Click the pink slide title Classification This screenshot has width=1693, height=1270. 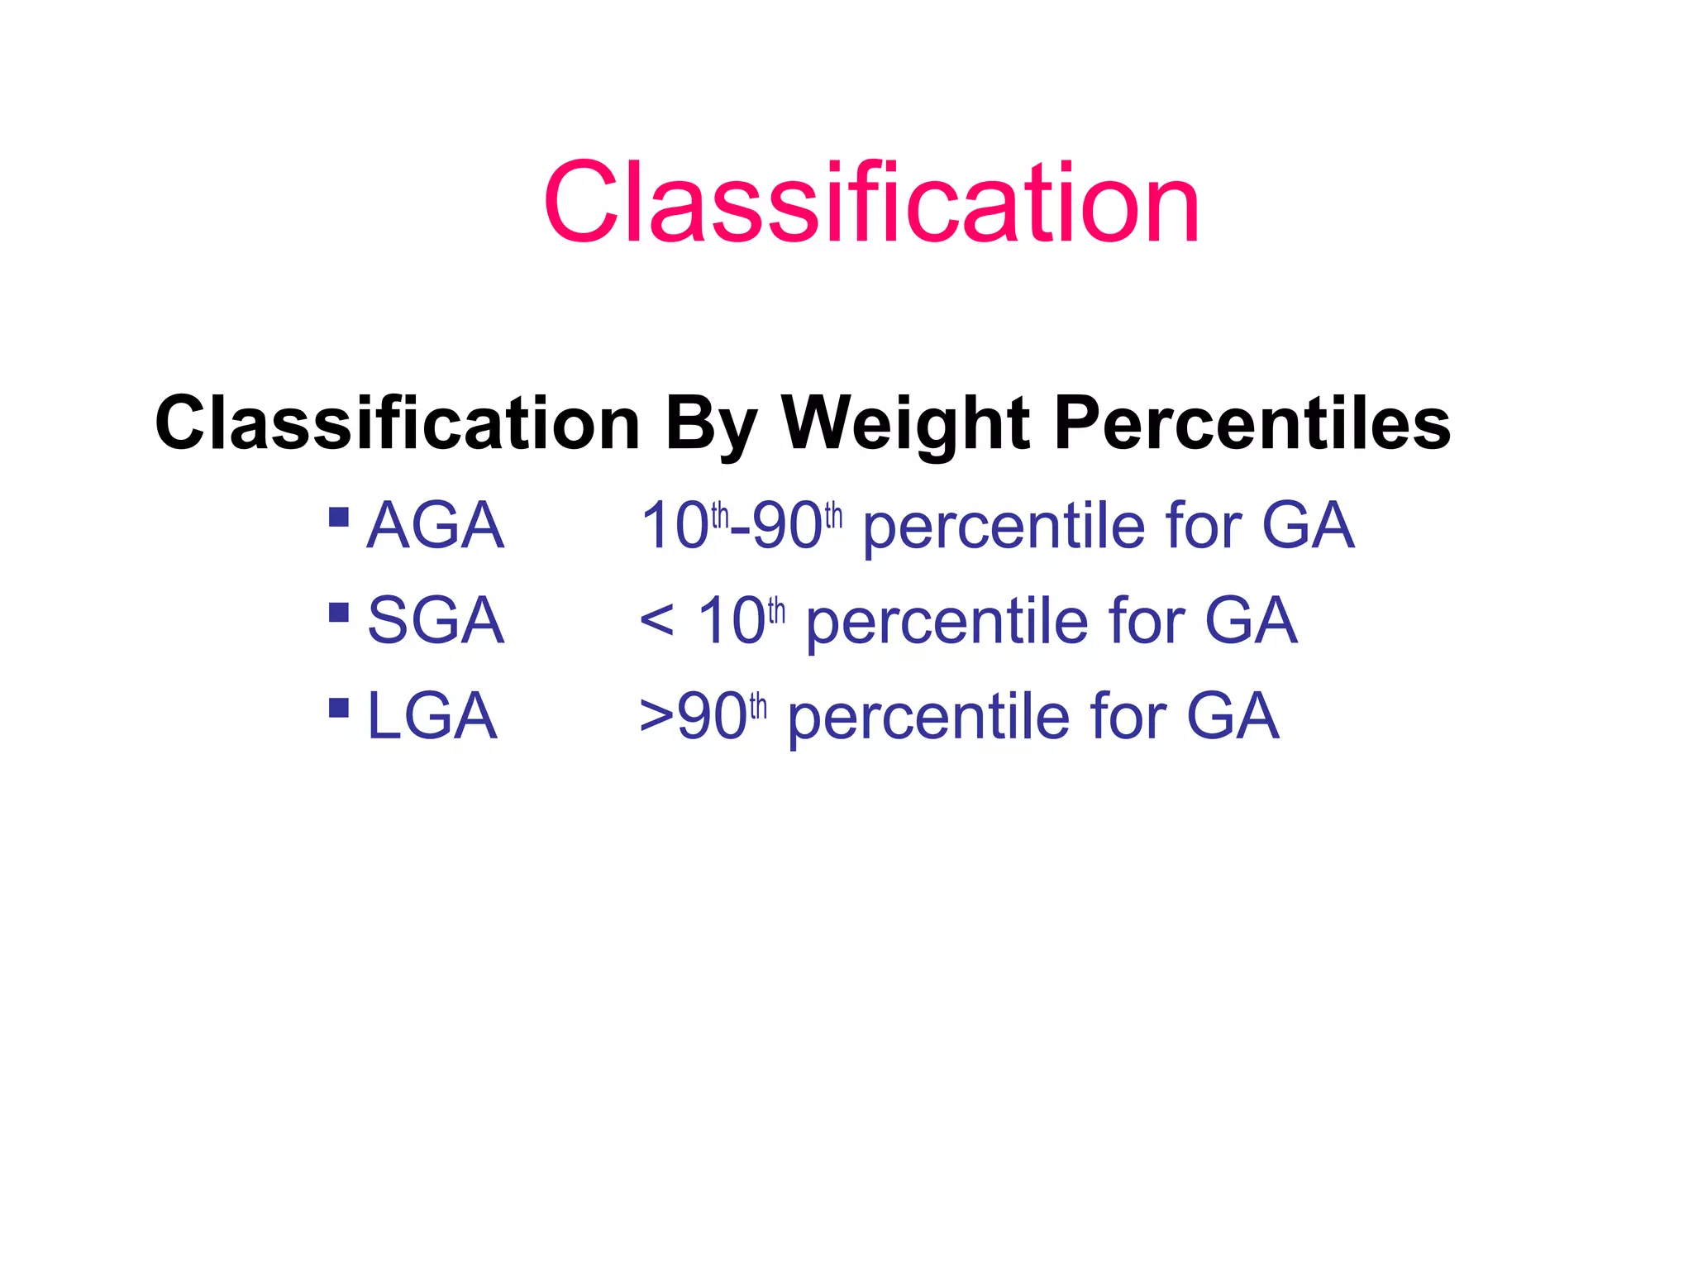click(x=870, y=203)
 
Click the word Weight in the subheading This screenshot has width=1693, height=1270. click(x=906, y=423)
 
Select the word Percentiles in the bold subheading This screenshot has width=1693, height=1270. click(x=1252, y=423)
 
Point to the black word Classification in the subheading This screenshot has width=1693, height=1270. click(x=398, y=423)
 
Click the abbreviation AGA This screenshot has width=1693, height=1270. click(x=435, y=526)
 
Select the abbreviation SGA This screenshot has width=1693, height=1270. click(x=435, y=621)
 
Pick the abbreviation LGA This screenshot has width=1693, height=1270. click(x=432, y=716)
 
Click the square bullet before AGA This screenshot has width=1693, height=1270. click(x=339, y=518)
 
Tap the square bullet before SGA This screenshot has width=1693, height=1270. click(x=339, y=613)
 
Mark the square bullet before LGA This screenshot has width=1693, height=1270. click(x=339, y=708)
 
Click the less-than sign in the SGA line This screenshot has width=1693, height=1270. click(x=656, y=621)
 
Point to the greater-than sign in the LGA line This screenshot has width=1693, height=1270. click(x=656, y=716)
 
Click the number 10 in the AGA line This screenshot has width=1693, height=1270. click(x=675, y=527)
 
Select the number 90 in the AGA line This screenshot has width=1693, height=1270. click(x=788, y=527)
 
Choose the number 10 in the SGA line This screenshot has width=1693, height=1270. click(x=731, y=622)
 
